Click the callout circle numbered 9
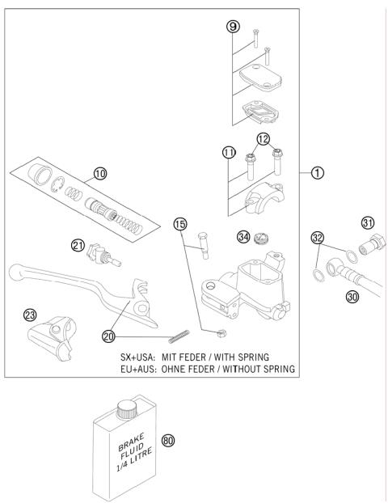(x=233, y=27)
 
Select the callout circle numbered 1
(x=319, y=171)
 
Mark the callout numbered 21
(x=78, y=245)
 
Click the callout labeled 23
(x=31, y=315)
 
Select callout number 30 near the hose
(x=352, y=297)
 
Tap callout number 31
(x=368, y=222)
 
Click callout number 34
(x=242, y=236)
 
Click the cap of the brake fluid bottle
(x=126, y=407)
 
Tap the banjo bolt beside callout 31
(x=373, y=241)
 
